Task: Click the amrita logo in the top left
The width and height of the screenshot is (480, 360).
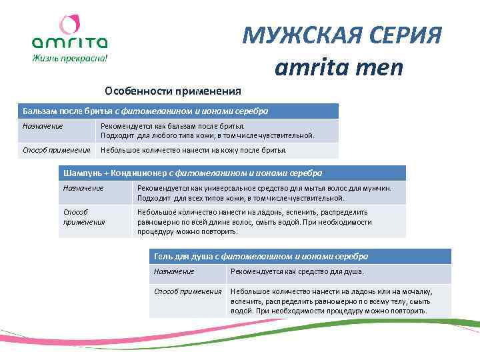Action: (69, 41)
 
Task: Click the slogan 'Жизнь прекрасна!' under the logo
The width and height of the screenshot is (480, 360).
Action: (69, 58)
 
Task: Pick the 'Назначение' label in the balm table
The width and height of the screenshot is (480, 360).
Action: (43, 126)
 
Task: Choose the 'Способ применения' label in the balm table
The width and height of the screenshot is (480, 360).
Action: (56, 150)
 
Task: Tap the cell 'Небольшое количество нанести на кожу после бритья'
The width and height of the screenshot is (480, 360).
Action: (193, 150)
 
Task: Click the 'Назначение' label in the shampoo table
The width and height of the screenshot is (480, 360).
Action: (83, 189)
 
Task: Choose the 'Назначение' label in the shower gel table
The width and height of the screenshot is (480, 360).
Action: (174, 271)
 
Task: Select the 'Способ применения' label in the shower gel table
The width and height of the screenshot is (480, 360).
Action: (187, 291)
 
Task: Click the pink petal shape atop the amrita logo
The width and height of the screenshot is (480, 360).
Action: (69, 25)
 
